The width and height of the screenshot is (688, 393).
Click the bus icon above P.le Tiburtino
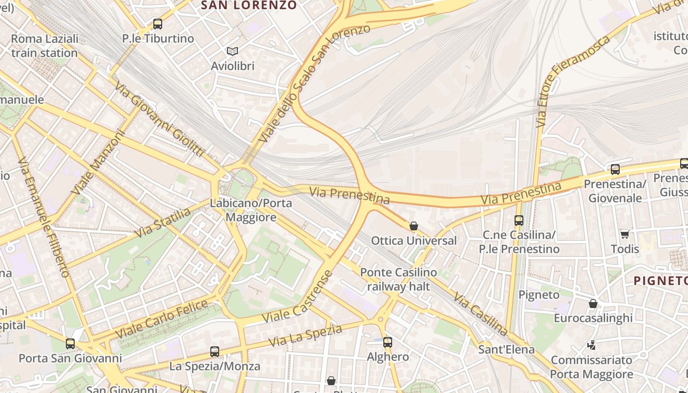click(x=157, y=24)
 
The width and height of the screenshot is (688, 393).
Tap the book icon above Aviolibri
click(x=232, y=51)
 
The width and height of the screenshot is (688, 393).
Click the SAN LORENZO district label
click(x=249, y=5)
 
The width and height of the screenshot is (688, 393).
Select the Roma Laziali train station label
click(x=44, y=46)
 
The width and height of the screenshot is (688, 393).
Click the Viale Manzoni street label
click(x=98, y=162)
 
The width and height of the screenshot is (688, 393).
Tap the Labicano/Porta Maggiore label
click(x=251, y=210)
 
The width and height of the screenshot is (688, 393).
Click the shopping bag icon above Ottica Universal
click(x=414, y=226)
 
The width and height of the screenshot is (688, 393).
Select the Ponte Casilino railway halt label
click(x=399, y=279)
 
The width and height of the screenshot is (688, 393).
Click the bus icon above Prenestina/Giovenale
click(x=615, y=169)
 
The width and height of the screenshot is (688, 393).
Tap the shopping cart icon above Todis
click(x=625, y=234)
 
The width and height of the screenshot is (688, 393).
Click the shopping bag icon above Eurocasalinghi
click(x=593, y=304)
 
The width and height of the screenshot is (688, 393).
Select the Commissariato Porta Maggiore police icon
click(x=592, y=345)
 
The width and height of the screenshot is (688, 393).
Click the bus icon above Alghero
click(x=388, y=342)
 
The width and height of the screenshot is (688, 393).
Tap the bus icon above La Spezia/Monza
click(x=215, y=351)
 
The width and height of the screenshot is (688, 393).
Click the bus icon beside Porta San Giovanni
click(x=70, y=343)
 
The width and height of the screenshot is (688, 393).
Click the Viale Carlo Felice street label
click(x=162, y=319)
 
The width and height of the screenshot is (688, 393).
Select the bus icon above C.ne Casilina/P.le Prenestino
click(x=518, y=221)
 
